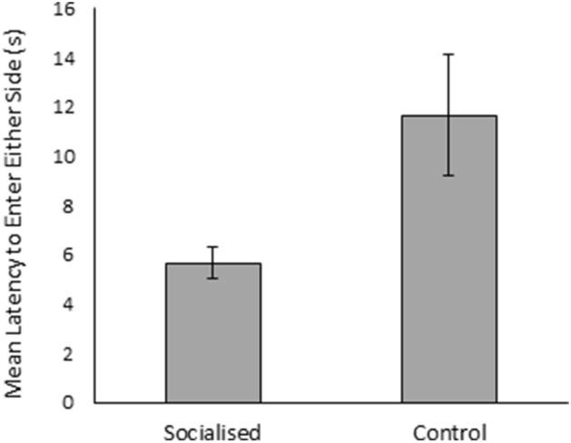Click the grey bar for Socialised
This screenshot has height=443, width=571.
[212, 332]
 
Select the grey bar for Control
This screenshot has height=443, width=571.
[448, 259]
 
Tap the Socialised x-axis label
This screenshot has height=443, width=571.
[212, 429]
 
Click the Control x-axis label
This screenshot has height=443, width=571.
[449, 429]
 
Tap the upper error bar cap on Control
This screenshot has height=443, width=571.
[448, 54]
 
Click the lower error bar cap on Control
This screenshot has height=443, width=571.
[448, 175]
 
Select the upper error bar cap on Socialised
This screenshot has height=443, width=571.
[212, 247]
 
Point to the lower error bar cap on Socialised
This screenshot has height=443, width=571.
[212, 278]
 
